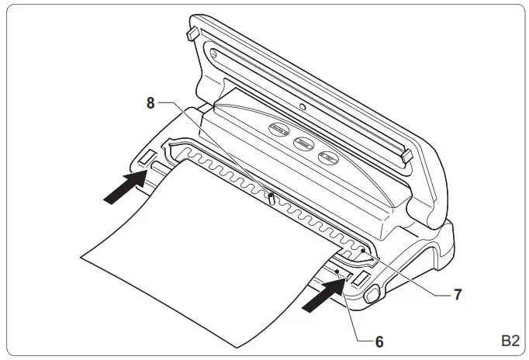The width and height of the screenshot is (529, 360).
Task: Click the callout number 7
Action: tap(458, 295)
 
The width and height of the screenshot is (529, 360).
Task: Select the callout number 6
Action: tap(379, 339)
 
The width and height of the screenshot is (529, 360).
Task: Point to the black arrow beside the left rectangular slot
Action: tap(124, 187)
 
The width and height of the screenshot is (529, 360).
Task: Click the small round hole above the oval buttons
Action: tap(302, 106)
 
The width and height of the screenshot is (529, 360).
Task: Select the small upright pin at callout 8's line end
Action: tap(270, 201)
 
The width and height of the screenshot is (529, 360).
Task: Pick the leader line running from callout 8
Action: tap(213, 147)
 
